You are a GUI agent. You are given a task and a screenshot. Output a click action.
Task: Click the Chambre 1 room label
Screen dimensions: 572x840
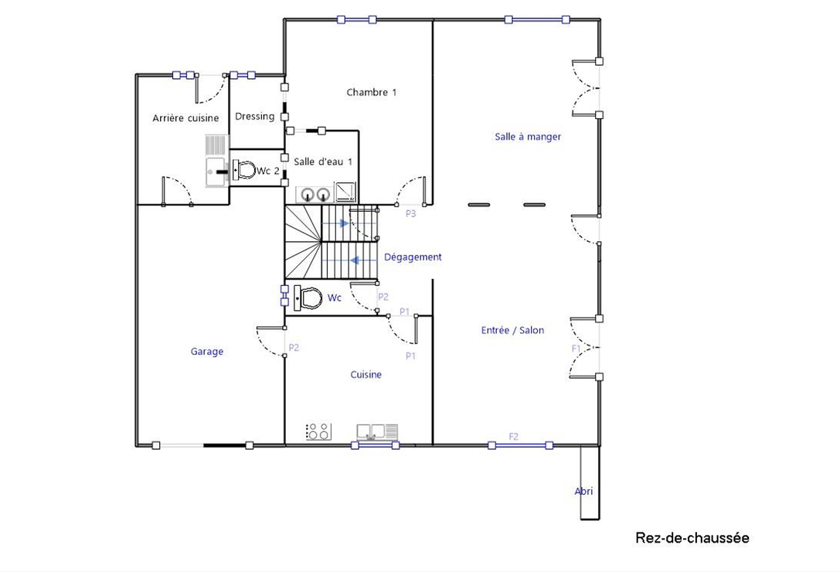(371, 93)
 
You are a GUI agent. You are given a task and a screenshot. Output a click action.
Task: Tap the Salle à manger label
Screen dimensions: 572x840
(528, 137)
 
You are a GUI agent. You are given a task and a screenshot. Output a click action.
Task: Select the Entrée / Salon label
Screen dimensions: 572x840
(512, 330)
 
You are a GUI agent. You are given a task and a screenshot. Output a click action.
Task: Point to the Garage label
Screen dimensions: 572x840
(207, 352)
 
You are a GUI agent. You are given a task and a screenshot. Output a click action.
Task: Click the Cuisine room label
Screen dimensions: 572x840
(366, 375)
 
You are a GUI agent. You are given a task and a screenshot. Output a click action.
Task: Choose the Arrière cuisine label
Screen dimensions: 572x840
(185, 118)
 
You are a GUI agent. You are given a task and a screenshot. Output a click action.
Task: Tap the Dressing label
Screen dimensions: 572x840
(254, 117)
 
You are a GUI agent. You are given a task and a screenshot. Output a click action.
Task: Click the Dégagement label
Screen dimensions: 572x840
(413, 257)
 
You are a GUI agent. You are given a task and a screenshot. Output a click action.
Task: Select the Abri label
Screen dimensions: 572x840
(584, 491)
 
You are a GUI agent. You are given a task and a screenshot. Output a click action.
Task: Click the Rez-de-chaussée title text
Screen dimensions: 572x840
(692, 538)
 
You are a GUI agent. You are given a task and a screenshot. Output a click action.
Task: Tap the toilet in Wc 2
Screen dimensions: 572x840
(244, 171)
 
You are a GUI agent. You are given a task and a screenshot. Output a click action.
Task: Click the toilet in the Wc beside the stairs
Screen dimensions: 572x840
(310, 298)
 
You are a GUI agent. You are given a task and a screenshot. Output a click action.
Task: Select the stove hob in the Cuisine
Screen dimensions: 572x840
(318, 431)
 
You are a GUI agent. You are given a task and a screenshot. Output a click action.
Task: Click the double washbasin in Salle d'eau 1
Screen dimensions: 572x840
(315, 194)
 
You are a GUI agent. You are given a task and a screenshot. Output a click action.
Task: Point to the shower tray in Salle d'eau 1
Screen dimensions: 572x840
(345, 192)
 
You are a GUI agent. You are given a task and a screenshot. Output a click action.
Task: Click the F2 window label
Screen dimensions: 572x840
(514, 437)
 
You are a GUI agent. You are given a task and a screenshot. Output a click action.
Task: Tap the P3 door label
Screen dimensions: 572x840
(411, 214)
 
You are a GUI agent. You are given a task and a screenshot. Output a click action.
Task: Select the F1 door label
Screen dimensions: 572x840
(576, 349)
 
